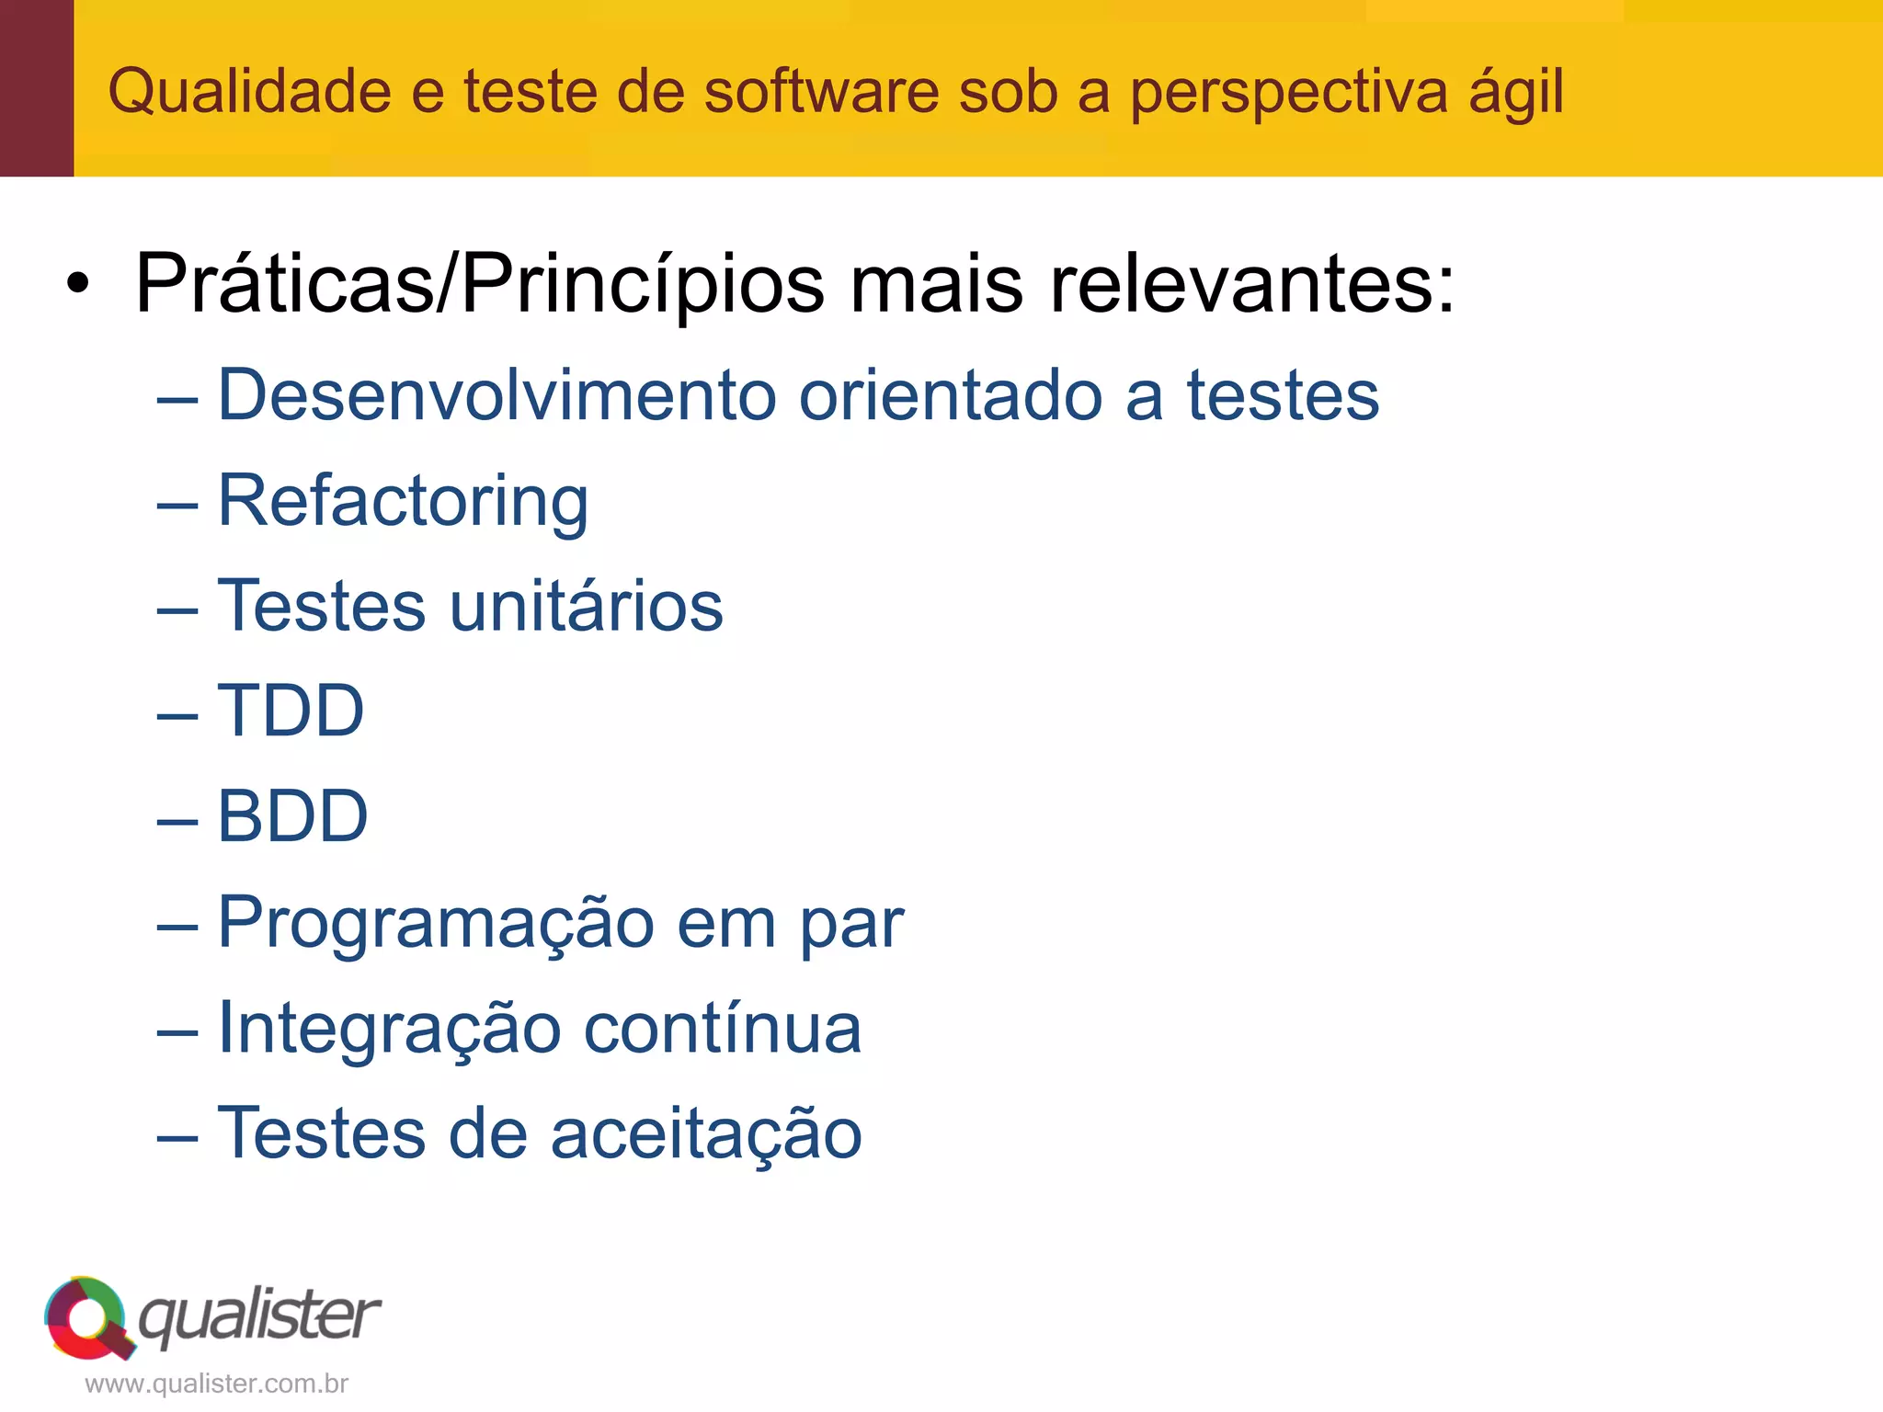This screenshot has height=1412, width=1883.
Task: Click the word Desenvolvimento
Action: tap(496, 395)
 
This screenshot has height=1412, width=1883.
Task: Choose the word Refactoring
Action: tap(403, 502)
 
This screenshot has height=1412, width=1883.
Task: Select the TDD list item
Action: tap(291, 712)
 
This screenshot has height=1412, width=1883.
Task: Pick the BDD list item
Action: tap(292, 816)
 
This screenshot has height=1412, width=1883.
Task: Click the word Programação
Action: tap(435, 923)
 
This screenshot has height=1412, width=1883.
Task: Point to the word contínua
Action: tap(723, 1028)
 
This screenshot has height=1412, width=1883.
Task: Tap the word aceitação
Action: tap(706, 1133)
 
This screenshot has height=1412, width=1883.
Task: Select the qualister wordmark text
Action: tap(259, 1316)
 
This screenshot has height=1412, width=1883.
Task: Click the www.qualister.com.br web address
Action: tap(216, 1384)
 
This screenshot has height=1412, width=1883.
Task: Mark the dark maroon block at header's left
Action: tap(37, 88)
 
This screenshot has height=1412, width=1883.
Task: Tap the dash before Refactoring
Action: tap(177, 505)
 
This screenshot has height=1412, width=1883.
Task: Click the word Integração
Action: tap(389, 1028)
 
